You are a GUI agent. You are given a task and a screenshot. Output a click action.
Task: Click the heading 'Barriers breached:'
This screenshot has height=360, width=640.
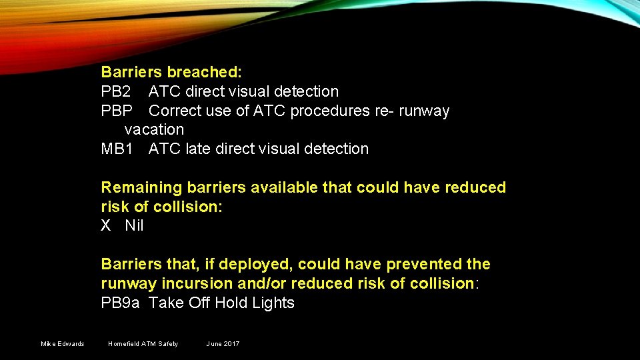point(171,72)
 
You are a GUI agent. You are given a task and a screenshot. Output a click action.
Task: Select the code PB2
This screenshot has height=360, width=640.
point(115,91)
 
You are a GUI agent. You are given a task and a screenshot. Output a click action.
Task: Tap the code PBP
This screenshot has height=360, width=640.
point(116,111)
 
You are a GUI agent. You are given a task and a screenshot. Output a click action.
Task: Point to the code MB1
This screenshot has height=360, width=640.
point(116,149)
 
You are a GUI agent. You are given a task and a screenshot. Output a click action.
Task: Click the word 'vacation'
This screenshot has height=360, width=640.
point(154,129)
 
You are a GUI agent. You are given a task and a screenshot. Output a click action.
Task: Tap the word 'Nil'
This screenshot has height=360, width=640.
point(134,226)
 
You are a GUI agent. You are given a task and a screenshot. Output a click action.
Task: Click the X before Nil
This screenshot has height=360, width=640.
point(106,226)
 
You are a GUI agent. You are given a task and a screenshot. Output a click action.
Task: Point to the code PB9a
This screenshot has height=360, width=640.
point(120,303)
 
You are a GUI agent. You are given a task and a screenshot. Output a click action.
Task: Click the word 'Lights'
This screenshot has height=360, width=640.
point(273,303)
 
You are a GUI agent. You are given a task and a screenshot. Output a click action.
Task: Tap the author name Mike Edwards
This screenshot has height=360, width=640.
point(63,344)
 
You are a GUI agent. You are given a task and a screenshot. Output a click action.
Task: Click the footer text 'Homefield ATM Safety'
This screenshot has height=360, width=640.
point(143,344)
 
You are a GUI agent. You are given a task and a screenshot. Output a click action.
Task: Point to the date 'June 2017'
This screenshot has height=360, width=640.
point(223,344)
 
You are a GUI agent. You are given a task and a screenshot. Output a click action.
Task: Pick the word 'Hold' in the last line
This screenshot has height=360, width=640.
point(230,303)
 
